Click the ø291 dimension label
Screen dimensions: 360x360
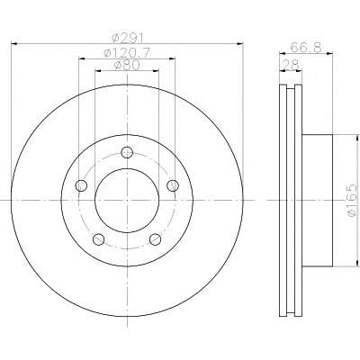pyautogui.click(x=128, y=38)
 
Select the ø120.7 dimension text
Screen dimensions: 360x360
pyautogui.click(x=126, y=53)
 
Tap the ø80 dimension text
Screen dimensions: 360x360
pyautogui.click(x=127, y=65)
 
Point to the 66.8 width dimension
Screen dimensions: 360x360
pyautogui.click(x=306, y=48)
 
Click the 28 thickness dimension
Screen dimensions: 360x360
pyautogui.click(x=291, y=65)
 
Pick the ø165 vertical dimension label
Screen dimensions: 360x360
pyautogui.click(x=354, y=200)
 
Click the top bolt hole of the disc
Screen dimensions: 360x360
pyautogui.click(x=127, y=152)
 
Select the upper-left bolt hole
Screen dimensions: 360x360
pyautogui.click(x=81, y=185)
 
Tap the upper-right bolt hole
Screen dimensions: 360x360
pyautogui.click(x=173, y=185)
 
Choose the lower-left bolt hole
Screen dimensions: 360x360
pyautogui.click(x=99, y=239)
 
